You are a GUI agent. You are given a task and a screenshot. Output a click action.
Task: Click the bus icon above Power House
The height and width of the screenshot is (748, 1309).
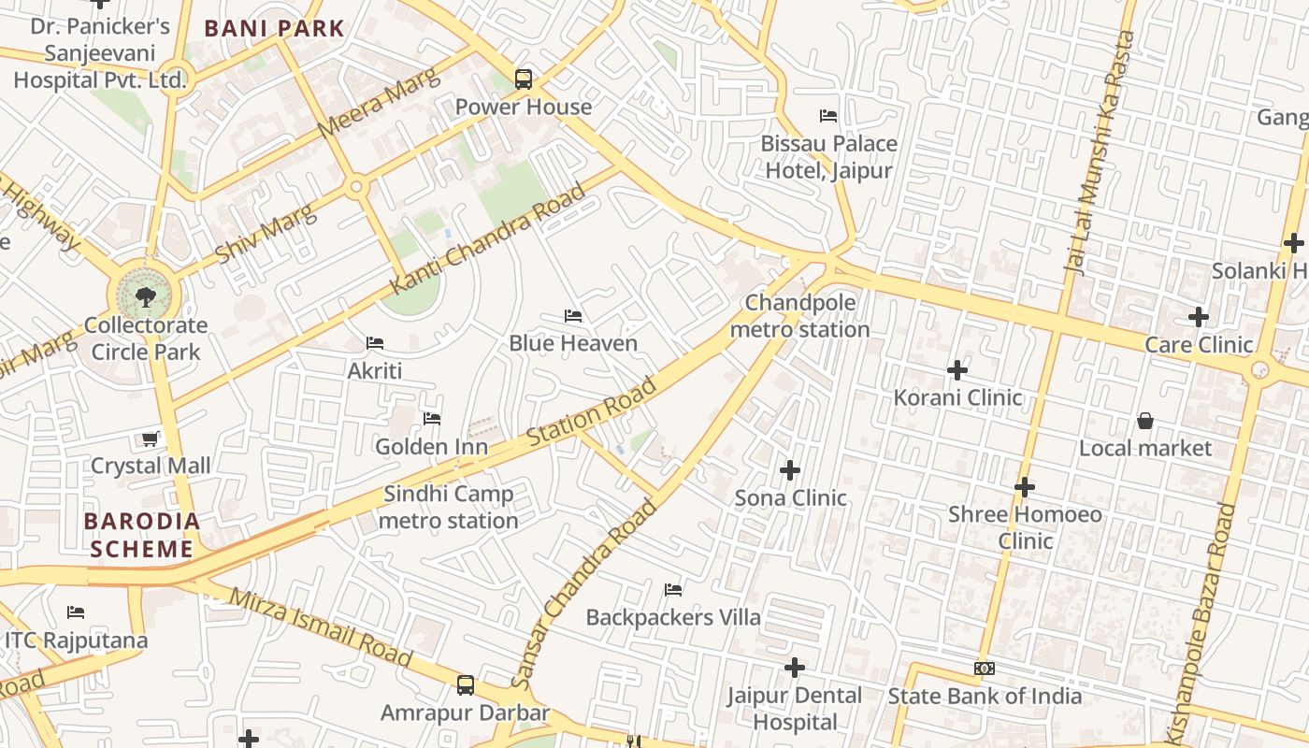point(524,79)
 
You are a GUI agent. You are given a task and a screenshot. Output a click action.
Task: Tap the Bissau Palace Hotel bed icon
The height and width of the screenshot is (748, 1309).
point(828,116)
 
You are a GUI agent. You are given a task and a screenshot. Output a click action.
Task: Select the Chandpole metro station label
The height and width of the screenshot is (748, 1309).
point(799,316)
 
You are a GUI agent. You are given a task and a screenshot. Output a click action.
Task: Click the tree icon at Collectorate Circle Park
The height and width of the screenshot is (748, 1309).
point(145,297)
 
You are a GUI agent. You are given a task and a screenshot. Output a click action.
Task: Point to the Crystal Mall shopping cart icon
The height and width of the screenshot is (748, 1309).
point(150,439)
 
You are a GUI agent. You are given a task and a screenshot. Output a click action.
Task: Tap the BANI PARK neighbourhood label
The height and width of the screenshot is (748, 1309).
point(275,28)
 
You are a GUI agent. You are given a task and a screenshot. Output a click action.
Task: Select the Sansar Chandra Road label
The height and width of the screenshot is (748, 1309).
point(586,595)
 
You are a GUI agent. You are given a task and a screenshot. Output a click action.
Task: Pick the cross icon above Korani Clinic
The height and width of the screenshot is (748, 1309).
point(957,370)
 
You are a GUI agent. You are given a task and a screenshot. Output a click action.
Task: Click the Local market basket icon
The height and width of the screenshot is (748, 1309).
point(1145,421)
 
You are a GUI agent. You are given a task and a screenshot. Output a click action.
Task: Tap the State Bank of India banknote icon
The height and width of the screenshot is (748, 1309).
point(985,669)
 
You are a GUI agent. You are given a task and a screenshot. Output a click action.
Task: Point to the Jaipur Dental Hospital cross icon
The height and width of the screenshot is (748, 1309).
point(795,668)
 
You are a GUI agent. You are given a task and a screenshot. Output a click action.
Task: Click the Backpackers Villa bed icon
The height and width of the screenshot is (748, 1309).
point(673,590)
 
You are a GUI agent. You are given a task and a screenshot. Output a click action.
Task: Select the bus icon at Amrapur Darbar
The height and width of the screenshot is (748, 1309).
point(466,685)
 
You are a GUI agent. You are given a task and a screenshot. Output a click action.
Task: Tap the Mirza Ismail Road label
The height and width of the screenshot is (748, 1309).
point(321,628)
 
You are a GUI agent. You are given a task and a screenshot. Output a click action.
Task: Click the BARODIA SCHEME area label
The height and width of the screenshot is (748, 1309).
point(142,535)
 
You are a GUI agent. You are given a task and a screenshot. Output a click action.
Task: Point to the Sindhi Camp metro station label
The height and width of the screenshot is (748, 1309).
point(449,507)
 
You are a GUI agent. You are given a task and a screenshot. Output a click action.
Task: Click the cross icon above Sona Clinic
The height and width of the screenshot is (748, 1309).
point(791,469)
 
